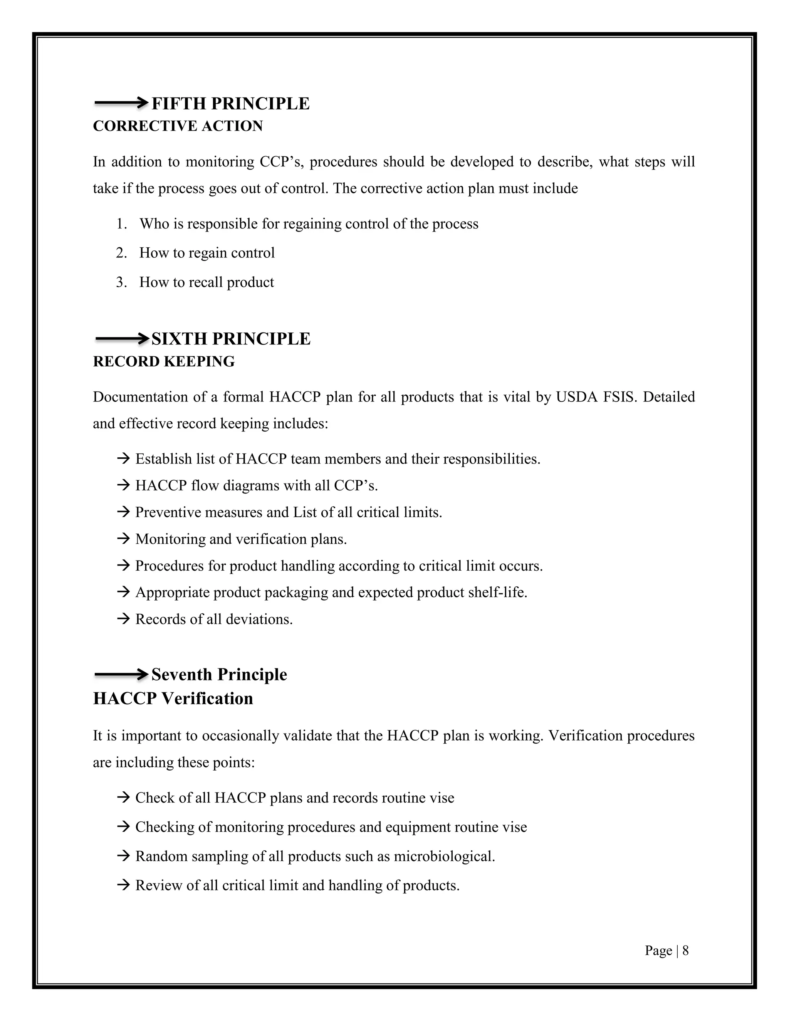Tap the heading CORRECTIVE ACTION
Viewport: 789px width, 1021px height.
point(178,126)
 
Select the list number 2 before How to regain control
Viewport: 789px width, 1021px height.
point(121,253)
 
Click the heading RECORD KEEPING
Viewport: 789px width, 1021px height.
point(164,362)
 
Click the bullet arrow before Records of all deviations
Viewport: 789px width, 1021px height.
point(123,620)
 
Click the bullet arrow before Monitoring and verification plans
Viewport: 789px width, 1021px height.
point(123,539)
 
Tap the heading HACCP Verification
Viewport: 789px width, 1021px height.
point(173,699)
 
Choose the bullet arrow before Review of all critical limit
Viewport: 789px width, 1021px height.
point(123,885)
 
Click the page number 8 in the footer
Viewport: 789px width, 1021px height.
point(685,950)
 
